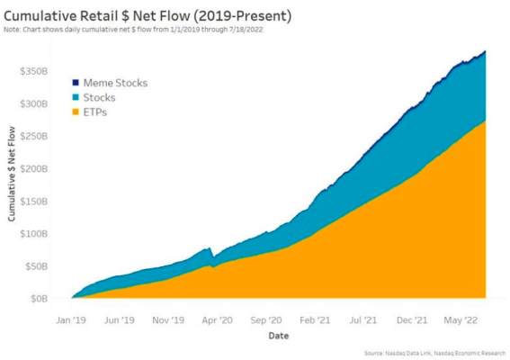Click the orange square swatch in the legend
click(76, 112)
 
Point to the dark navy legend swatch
click(76, 83)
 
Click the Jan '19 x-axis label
click(71, 319)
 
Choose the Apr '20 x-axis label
click(217, 319)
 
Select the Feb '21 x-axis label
click(315, 319)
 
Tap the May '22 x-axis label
click(462, 319)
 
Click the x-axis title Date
click(279, 336)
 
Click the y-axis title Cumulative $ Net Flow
click(13, 175)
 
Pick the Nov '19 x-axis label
click(168, 319)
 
